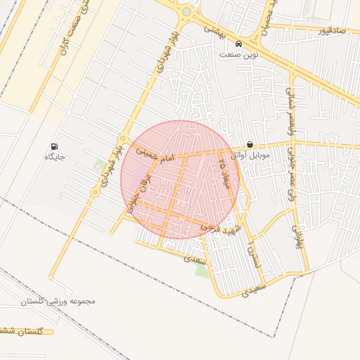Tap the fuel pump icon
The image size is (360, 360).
click(x=55, y=146)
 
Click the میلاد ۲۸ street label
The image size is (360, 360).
click(x=224, y=172)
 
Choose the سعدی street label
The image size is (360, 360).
click(x=195, y=259)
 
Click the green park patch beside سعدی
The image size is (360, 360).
click(x=202, y=271)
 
